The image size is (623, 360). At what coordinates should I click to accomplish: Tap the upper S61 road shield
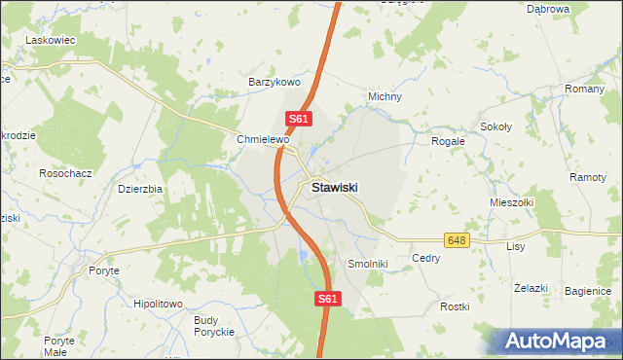[x=299, y=120]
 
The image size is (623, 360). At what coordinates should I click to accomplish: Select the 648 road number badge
[x=457, y=239]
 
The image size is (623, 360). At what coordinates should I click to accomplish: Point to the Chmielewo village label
[x=264, y=140]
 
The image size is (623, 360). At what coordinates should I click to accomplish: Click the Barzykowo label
[x=275, y=83]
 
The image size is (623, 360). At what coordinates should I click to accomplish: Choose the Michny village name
[x=385, y=97]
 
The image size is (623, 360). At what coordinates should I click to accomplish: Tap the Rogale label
[x=449, y=141]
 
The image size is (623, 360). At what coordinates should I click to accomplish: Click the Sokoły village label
[x=496, y=127]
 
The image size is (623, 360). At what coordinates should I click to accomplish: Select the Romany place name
[x=585, y=89]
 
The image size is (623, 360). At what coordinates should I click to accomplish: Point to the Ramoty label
[x=588, y=178]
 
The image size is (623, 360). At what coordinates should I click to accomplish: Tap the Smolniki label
[x=368, y=264]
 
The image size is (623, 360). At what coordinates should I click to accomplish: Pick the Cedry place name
[x=426, y=259]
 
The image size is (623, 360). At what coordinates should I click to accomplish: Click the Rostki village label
[x=455, y=306]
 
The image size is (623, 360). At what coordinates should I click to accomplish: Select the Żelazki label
[x=531, y=289]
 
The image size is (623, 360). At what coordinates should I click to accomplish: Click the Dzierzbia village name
[x=139, y=189]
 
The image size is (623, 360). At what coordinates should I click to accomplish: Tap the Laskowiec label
[x=51, y=40]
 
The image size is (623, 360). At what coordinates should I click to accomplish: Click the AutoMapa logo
[x=555, y=342]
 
